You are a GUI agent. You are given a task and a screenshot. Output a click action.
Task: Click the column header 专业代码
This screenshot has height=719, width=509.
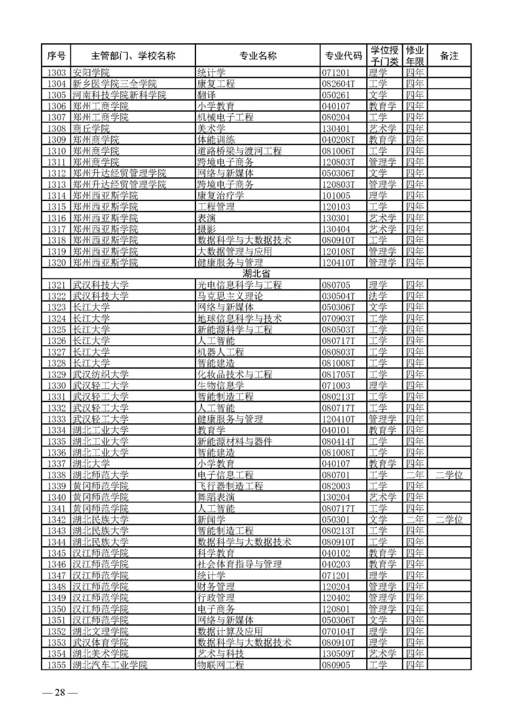[x=343, y=56]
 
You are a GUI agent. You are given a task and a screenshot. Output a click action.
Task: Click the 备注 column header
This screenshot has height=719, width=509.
[x=449, y=56]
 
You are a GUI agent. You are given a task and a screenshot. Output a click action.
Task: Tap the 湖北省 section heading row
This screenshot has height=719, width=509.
[x=256, y=274]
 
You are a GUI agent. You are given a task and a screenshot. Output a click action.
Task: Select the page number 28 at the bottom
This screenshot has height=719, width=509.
[x=60, y=692]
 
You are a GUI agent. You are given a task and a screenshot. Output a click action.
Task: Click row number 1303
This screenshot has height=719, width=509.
[x=57, y=73]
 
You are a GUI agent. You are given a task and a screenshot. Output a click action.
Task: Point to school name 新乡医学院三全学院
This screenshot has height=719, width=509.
[x=115, y=84]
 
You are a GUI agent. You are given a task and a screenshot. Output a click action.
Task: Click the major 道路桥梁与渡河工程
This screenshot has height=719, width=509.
[x=239, y=151]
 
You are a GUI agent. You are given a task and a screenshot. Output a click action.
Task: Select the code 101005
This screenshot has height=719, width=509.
[x=336, y=196]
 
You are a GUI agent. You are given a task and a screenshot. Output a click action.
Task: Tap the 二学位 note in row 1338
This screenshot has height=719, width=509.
[x=449, y=475]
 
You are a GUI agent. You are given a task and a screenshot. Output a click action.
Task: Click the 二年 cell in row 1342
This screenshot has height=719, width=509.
[x=415, y=520]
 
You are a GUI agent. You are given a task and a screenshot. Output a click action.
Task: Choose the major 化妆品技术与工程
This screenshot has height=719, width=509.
[x=235, y=374]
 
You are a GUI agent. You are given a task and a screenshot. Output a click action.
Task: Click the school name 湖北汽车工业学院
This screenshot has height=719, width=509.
[x=110, y=665]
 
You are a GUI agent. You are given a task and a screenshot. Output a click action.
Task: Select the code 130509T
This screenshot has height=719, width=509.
[x=338, y=654]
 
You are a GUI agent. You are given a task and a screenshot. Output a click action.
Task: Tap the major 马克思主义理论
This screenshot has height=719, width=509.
[x=230, y=296]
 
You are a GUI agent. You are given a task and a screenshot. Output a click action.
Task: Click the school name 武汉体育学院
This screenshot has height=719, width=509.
[x=100, y=643]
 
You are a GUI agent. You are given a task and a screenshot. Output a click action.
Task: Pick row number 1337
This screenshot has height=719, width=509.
[x=57, y=464]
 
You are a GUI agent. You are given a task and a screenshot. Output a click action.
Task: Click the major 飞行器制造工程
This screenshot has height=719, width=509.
[x=230, y=486]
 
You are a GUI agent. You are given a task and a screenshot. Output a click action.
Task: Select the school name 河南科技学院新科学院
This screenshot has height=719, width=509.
[x=119, y=95]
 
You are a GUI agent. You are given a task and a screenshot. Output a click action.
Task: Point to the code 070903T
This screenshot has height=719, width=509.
[x=338, y=318]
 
